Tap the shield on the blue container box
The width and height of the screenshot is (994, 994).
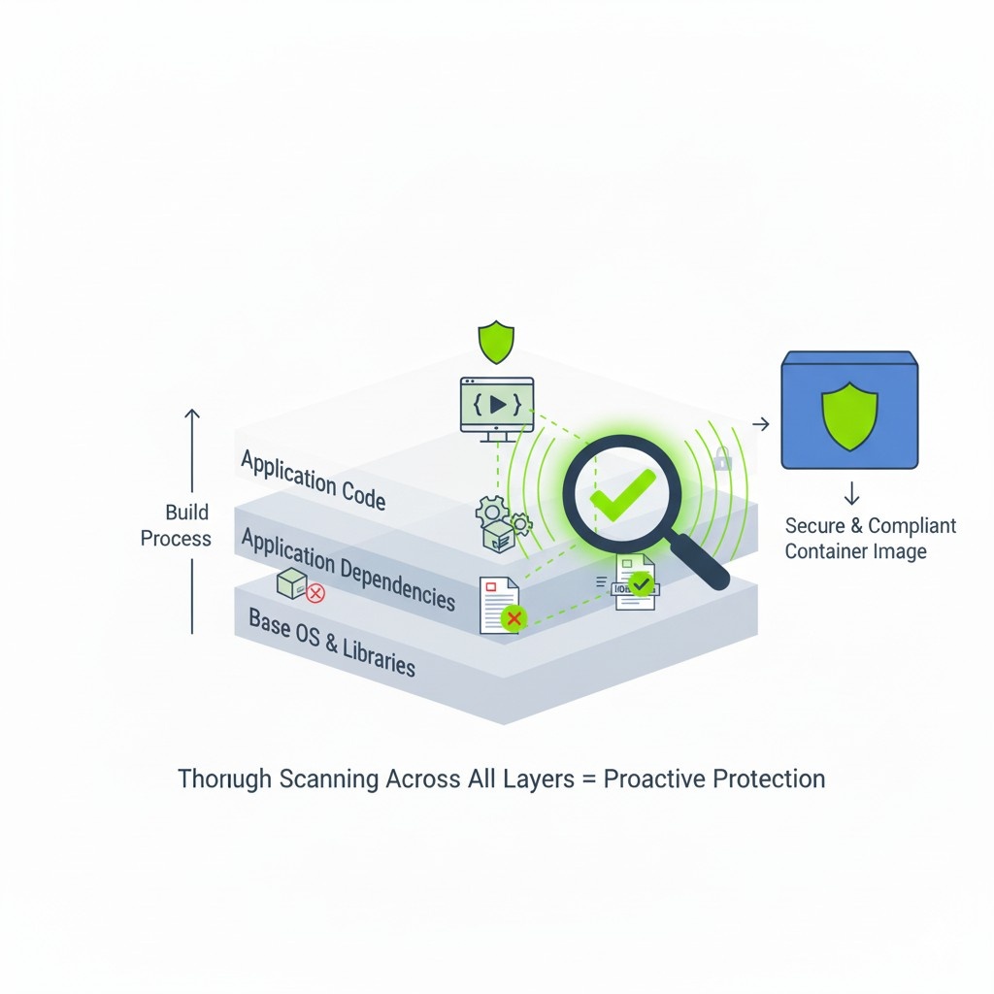849,416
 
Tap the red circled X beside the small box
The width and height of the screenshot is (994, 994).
315,593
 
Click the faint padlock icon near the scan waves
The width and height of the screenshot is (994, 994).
721,458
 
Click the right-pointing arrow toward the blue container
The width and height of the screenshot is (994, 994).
761,423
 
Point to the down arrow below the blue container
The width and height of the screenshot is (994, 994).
851,493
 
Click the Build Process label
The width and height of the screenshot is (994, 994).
176,525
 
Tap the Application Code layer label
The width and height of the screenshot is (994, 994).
313,480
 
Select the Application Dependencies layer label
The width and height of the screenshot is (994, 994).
348,568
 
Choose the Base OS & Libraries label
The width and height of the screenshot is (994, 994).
331,642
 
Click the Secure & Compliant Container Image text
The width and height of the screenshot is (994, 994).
870,539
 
